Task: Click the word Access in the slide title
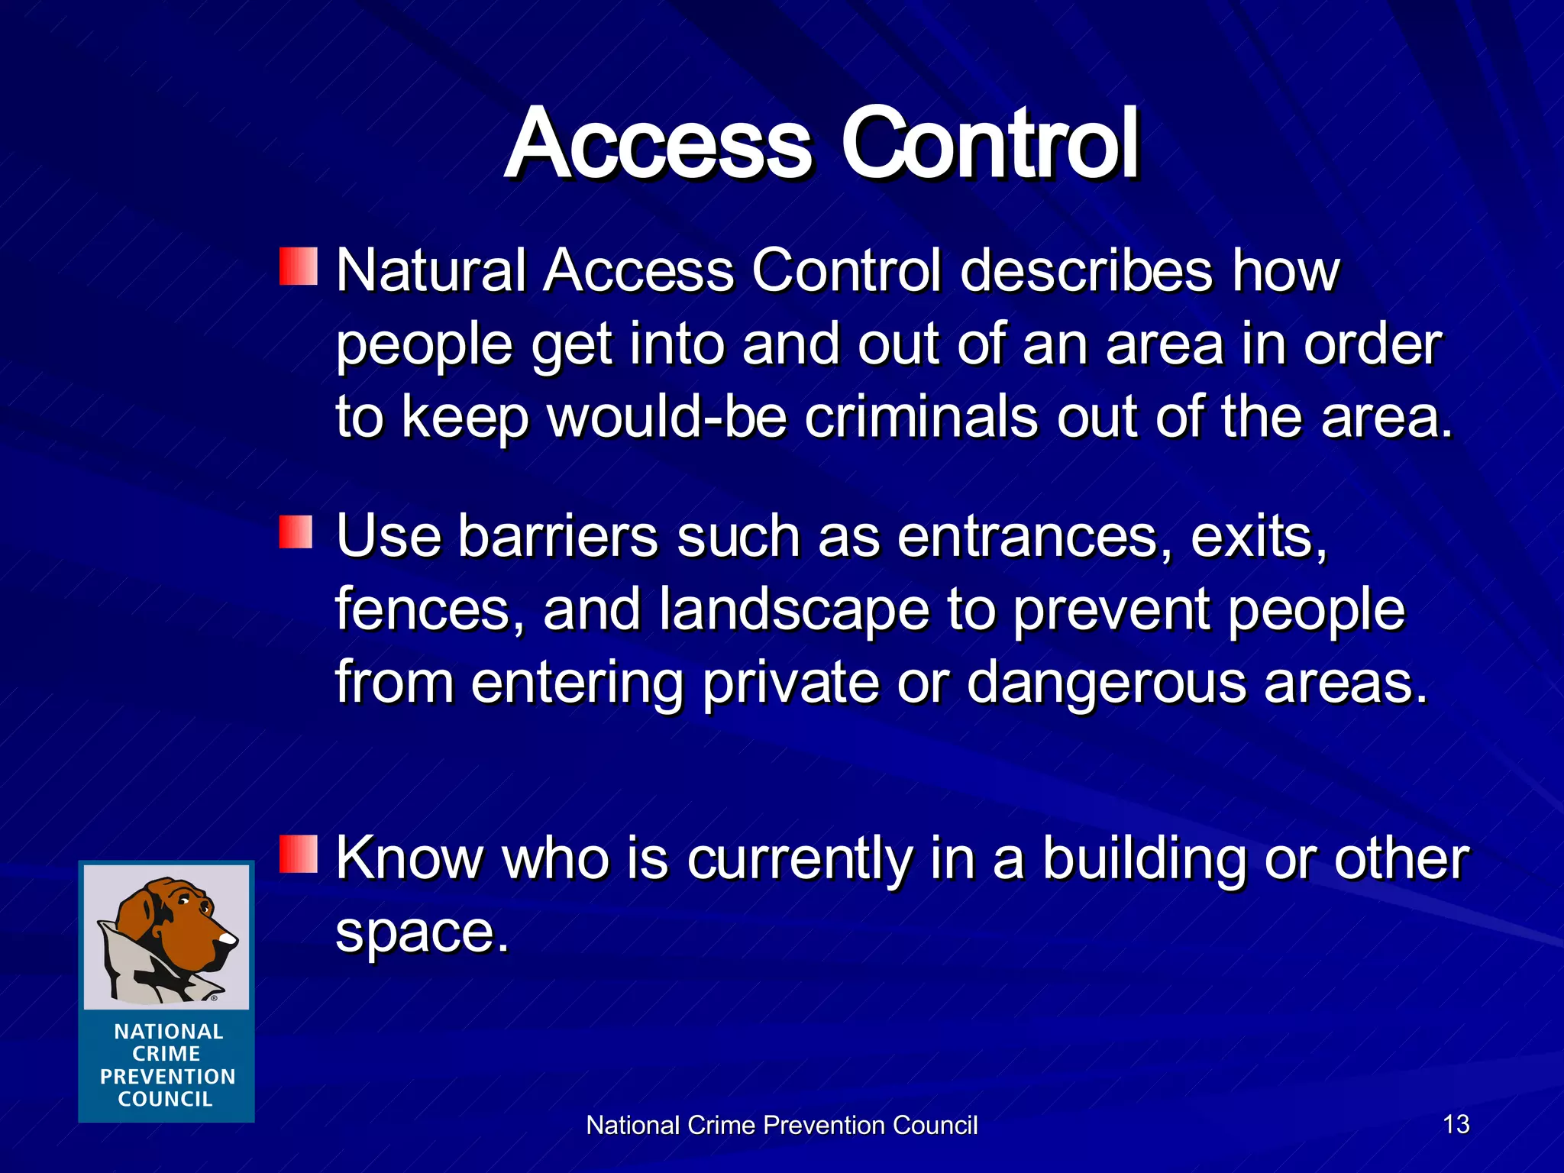pyautogui.click(x=658, y=145)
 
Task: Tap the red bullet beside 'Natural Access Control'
pyautogui.click(x=298, y=267)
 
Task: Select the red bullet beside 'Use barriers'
pyautogui.click(x=296, y=532)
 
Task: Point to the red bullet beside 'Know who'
pyautogui.click(x=298, y=854)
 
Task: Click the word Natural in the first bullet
pyautogui.click(x=431, y=271)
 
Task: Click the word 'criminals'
pyautogui.click(x=921, y=418)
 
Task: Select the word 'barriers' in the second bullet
pyautogui.click(x=557, y=536)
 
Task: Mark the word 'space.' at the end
pyautogui.click(x=422, y=933)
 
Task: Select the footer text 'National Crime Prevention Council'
pyautogui.click(x=781, y=1126)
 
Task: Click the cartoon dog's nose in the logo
pyautogui.click(x=228, y=939)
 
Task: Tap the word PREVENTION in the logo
pyautogui.click(x=167, y=1077)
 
